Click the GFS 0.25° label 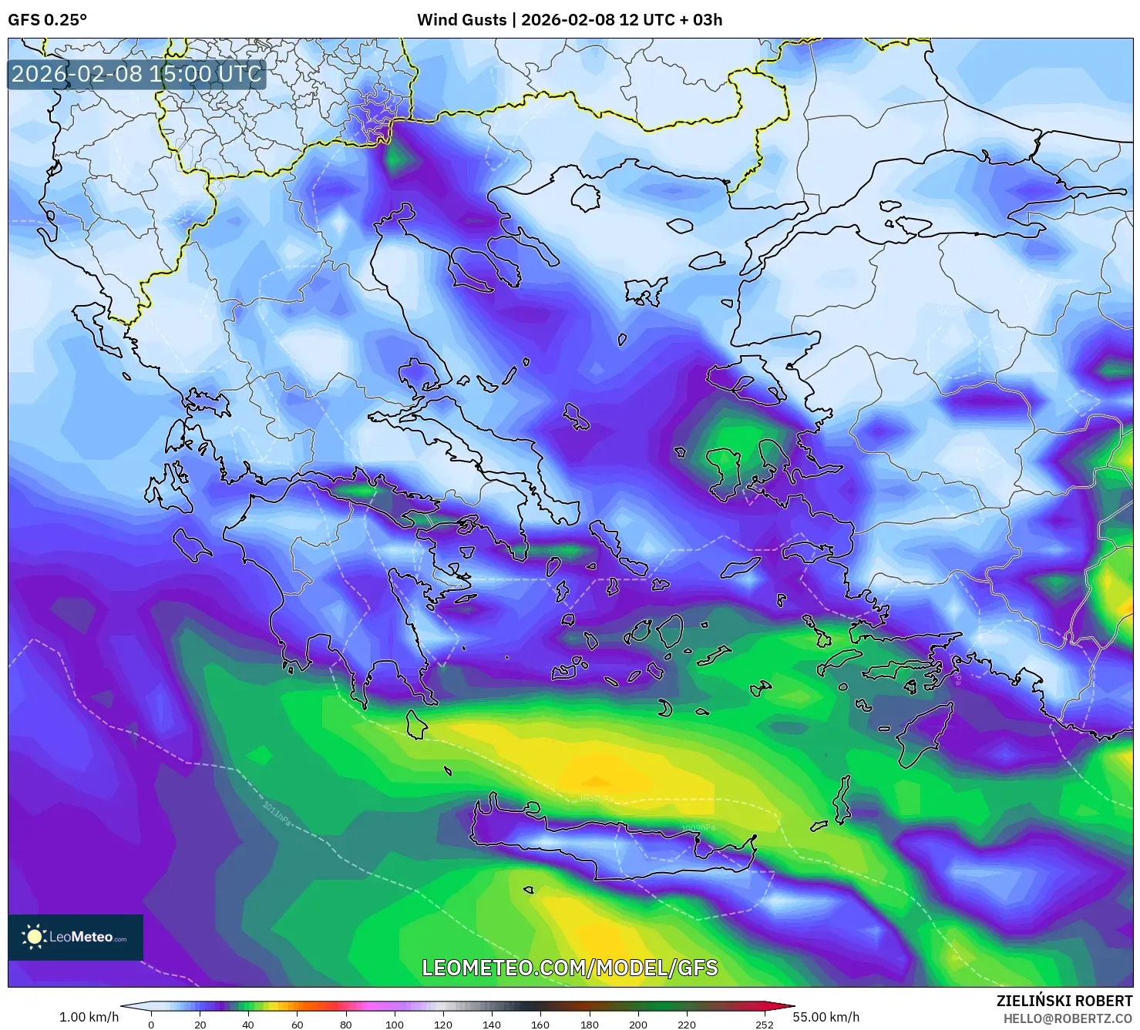[x=47, y=20]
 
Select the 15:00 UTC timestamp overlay [x=136, y=74]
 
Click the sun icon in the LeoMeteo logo [x=35, y=937]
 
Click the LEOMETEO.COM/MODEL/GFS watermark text [x=570, y=968]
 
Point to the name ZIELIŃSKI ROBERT [x=1064, y=1001]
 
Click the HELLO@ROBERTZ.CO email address [x=1068, y=1018]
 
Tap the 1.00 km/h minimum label [x=89, y=1017]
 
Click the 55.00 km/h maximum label [x=826, y=1017]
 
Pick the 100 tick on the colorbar [x=394, y=1025]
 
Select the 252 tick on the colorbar [x=764, y=1025]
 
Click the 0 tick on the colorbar [x=151, y=1025]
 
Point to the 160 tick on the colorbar [x=540, y=1025]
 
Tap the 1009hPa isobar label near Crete [x=698, y=828]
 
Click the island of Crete [x=617, y=847]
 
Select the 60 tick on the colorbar [x=297, y=1025]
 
